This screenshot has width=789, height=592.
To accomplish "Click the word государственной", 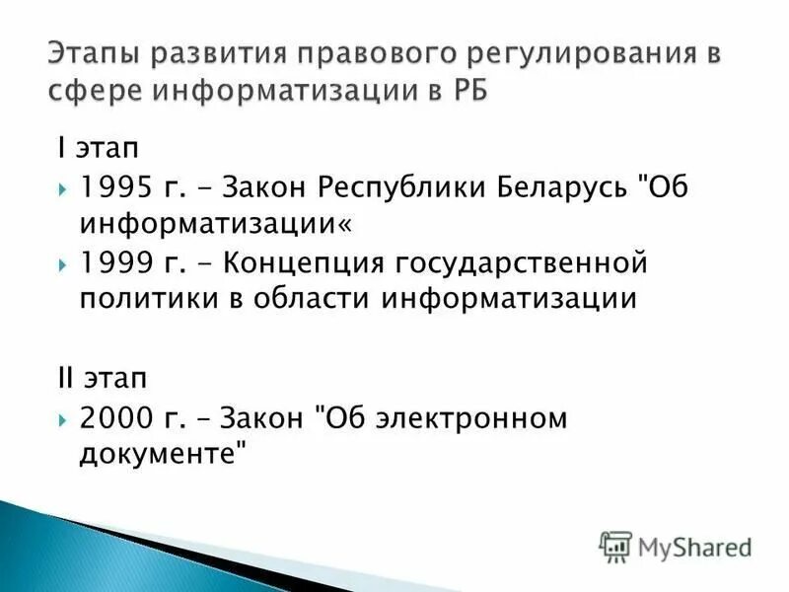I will click(x=521, y=265).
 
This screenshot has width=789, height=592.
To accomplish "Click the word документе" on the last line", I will click(x=163, y=454).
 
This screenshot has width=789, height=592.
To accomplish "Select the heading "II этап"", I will click(x=100, y=379).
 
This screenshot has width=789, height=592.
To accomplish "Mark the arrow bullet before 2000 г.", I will click(x=63, y=418).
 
